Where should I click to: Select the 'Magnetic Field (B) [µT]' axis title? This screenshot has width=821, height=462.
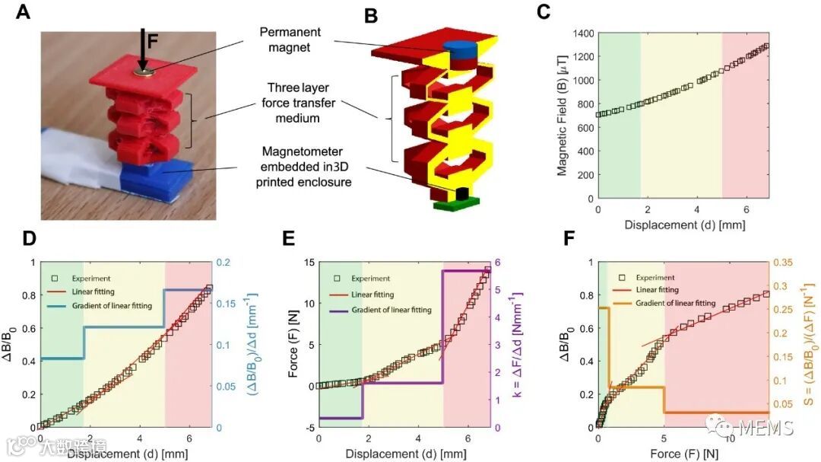pos(563,116)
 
